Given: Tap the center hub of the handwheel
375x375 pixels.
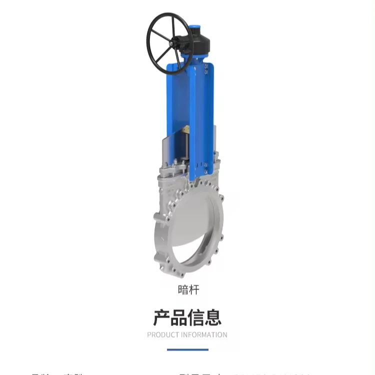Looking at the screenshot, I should click(170, 43).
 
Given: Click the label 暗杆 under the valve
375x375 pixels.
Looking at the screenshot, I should click(188, 289).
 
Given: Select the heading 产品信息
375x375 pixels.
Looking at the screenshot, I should click(187, 317).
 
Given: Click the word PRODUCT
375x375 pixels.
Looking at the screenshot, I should click(163, 335).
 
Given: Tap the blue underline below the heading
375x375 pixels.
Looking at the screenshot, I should click(187, 349).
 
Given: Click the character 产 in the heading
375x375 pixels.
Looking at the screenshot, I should click(161, 317).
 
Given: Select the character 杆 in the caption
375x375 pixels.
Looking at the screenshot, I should click(193, 289).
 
